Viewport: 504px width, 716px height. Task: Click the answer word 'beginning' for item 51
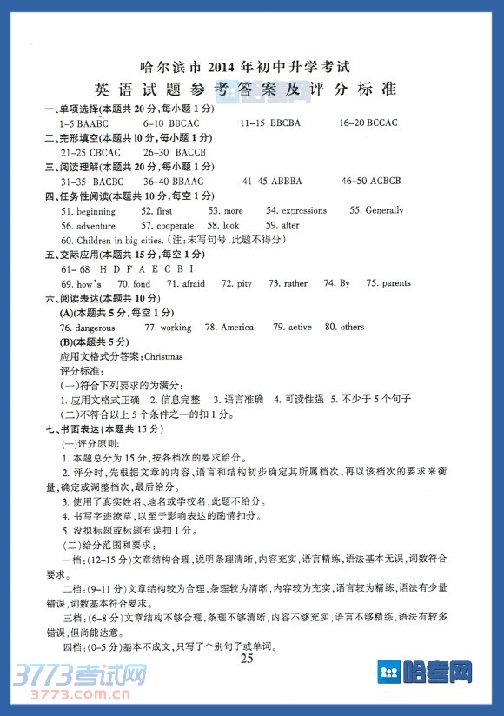pos(96,211)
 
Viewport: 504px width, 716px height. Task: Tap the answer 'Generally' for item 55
pos(384,211)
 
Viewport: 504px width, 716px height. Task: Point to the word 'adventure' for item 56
pos(96,226)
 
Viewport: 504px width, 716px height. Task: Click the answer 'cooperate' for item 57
pos(175,226)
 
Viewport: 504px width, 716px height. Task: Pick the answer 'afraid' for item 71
pos(193,284)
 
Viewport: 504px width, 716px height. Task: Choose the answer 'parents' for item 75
pos(395,284)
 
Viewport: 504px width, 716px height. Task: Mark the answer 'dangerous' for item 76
pos(96,328)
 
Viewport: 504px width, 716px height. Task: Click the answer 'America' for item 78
pos(237,328)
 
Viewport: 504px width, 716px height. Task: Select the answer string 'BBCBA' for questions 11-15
pos(285,123)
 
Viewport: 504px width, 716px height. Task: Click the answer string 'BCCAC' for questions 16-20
pos(381,123)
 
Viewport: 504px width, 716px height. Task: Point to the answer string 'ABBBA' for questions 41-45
pos(284,182)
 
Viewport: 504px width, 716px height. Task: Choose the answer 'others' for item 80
pos(352,328)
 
